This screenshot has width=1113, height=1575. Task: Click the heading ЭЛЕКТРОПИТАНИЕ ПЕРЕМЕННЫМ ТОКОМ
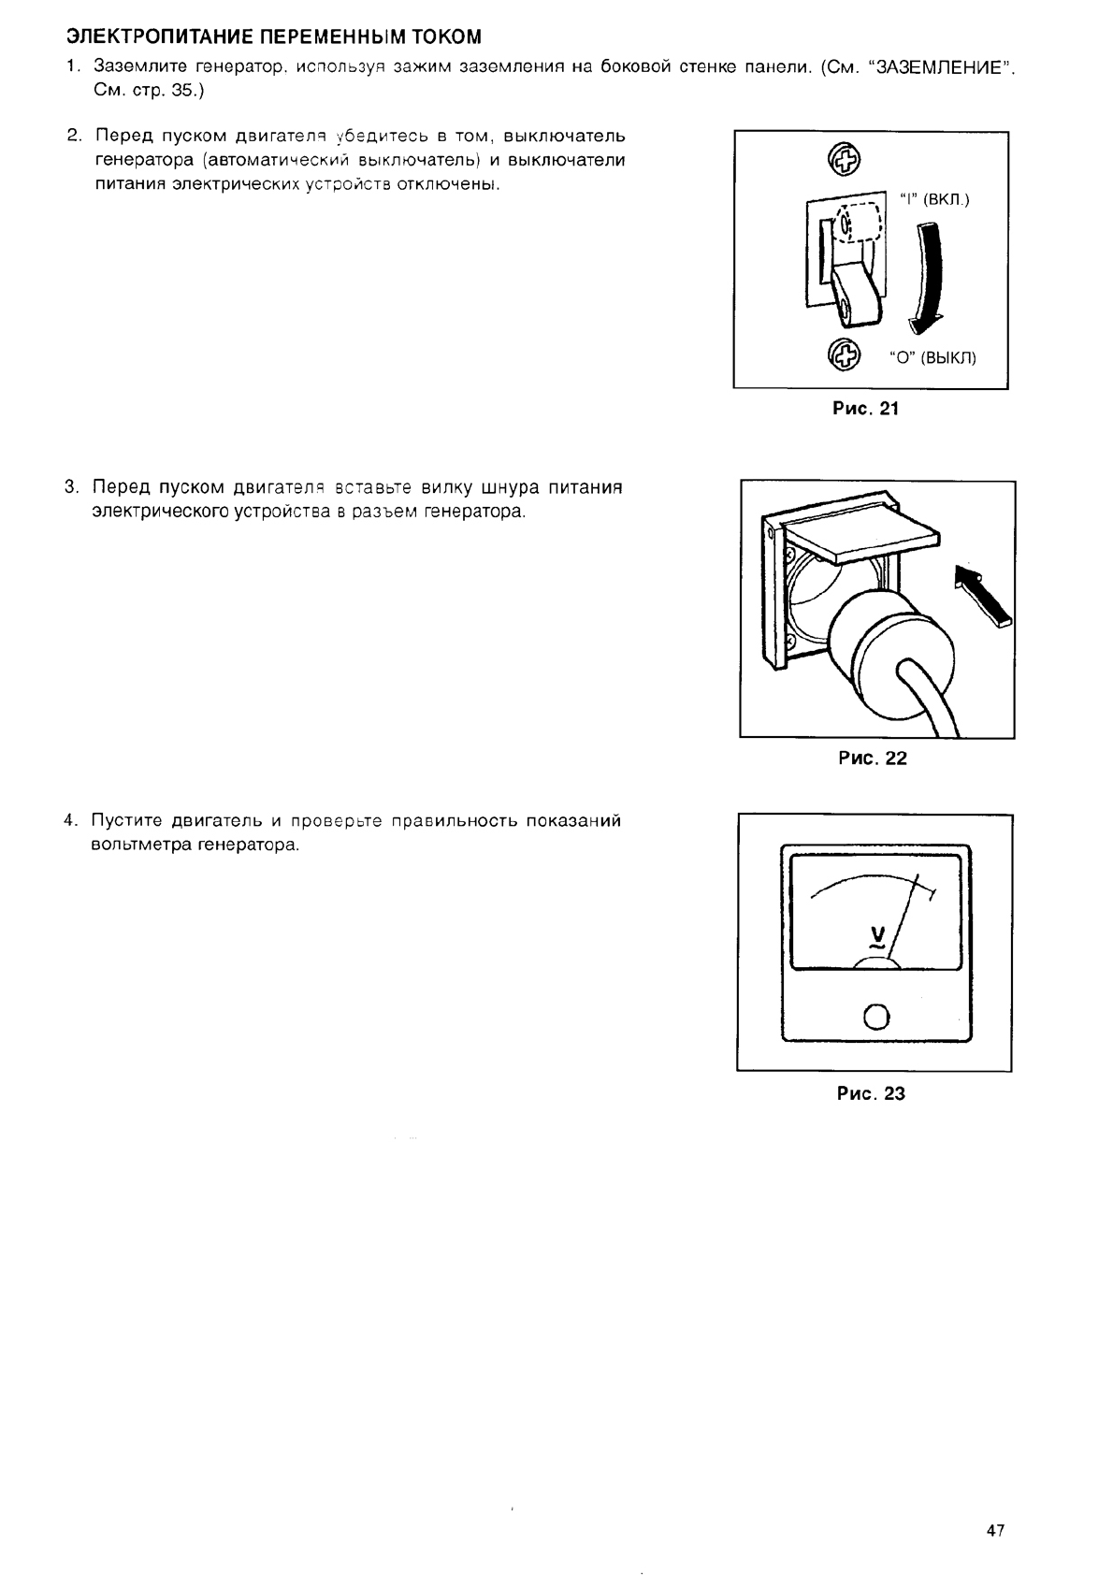tap(273, 37)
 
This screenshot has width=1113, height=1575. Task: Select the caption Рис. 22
tap(873, 758)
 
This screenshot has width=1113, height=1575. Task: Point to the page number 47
tap(994, 1531)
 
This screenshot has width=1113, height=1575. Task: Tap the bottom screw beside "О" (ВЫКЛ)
tap(844, 354)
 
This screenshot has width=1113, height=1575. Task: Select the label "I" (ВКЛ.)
tap(935, 199)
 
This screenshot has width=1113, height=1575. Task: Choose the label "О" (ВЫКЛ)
tap(932, 357)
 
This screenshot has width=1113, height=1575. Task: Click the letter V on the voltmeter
tap(877, 933)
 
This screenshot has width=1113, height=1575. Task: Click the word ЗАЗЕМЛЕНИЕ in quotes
tap(946, 67)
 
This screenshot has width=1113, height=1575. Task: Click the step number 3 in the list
tap(71, 487)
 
